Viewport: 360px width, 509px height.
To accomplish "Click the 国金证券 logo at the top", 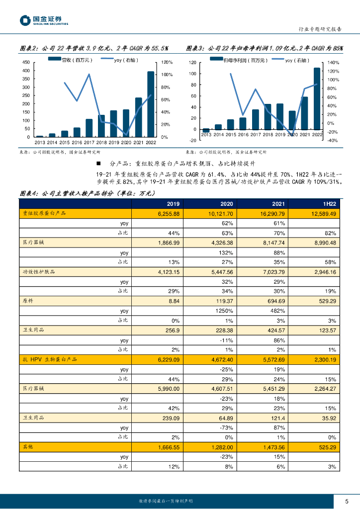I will pyautogui.click(x=44, y=20).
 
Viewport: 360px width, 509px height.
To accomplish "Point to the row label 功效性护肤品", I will pyautogui.click(x=37, y=272).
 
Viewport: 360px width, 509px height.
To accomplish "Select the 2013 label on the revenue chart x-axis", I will pyautogui.click(x=40, y=142).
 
